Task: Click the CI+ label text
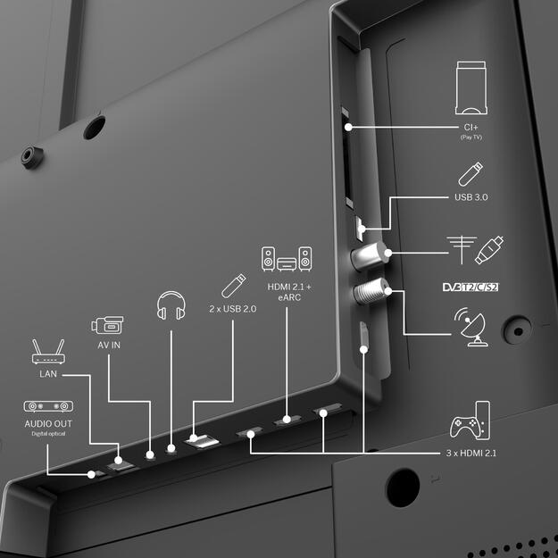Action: [x=471, y=127]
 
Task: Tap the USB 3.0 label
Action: [x=471, y=197]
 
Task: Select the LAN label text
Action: [x=48, y=374]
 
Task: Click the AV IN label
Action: [x=109, y=345]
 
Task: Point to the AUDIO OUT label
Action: [x=48, y=423]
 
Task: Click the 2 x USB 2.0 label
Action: [x=233, y=309]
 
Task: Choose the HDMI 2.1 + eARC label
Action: [x=289, y=292]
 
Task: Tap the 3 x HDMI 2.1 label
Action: [x=471, y=453]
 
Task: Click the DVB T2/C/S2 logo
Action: [x=471, y=287]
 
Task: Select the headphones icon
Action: [x=171, y=305]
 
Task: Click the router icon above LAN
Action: [x=48, y=352]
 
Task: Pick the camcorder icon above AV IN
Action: [x=107, y=325]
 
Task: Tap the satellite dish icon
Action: [x=471, y=327]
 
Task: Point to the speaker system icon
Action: [x=287, y=259]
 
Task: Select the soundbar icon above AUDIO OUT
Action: [x=48, y=406]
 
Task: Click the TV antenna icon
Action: [x=462, y=250]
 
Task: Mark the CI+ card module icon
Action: [x=471, y=87]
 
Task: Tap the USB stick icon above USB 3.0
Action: [x=471, y=174]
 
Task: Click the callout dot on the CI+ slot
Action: [x=348, y=127]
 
